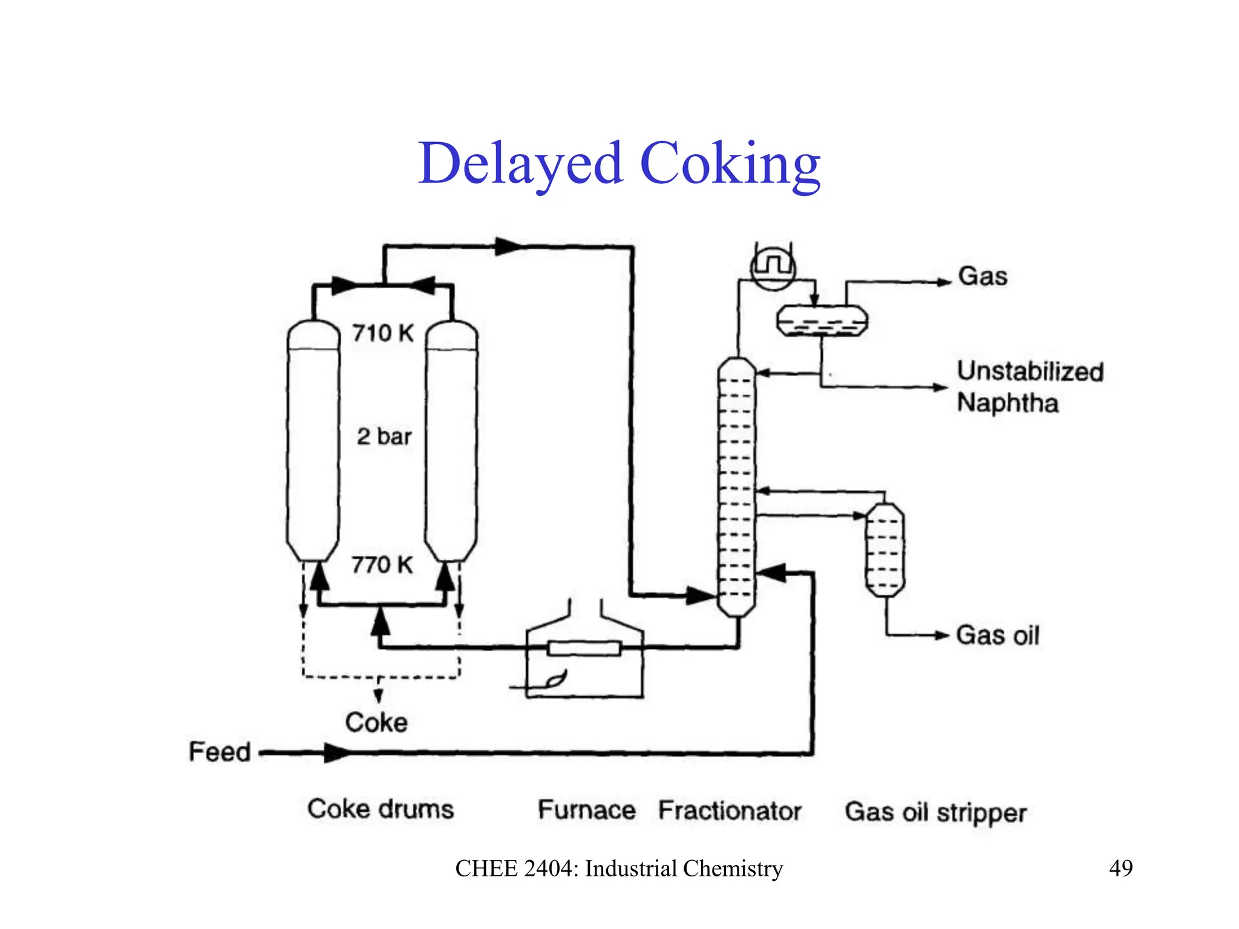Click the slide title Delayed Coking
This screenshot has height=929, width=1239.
click(619, 163)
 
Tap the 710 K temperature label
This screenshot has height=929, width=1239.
click(383, 333)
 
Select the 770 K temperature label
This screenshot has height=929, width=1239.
click(382, 565)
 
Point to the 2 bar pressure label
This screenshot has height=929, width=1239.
click(384, 437)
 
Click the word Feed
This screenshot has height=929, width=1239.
click(220, 752)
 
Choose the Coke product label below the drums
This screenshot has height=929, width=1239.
click(376, 723)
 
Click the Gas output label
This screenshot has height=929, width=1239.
click(982, 276)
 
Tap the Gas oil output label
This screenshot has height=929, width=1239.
click(998, 636)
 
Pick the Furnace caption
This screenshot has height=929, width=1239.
click(587, 810)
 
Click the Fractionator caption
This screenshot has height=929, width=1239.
click(730, 811)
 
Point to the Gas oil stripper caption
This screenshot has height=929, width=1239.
click(935, 813)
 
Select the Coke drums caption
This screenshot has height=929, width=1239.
click(381, 809)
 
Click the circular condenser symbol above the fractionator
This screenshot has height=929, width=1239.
click(773, 267)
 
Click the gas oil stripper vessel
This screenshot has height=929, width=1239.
click(885, 550)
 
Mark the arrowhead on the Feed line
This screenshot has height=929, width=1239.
click(336, 753)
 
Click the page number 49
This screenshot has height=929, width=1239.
click(1120, 869)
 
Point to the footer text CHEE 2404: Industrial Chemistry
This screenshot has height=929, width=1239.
click(619, 869)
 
